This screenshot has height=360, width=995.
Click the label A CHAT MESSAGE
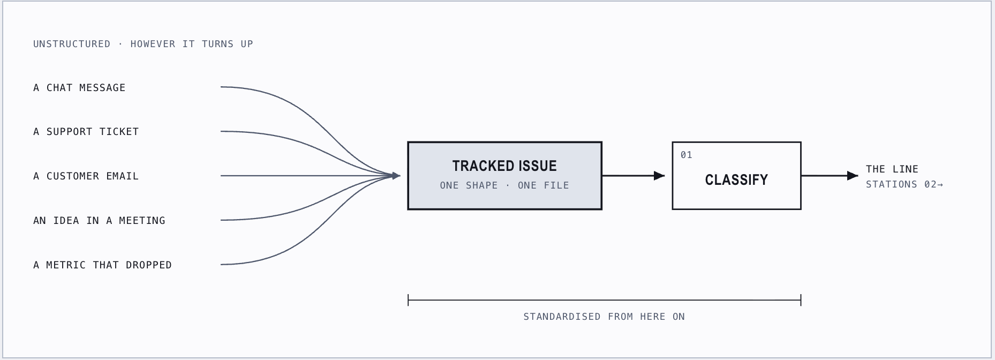79,88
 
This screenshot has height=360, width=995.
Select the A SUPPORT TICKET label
86,132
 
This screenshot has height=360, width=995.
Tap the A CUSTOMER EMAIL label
86,176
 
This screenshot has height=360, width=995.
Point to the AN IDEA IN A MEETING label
99,221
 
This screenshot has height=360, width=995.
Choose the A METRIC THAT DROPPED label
102,265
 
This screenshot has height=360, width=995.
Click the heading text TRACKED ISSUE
504,166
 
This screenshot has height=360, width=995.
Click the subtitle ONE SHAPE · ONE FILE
504,185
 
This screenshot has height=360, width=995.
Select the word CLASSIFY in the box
736,180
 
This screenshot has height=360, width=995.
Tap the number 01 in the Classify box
687,155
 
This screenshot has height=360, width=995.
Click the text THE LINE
892,169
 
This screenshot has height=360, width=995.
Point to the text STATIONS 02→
904,184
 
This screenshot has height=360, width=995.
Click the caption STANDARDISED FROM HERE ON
604,317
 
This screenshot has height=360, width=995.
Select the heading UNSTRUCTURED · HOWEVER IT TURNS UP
143,44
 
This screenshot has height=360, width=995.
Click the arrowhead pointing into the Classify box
660,176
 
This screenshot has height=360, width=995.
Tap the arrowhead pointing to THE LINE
853,176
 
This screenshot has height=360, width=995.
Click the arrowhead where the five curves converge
396,176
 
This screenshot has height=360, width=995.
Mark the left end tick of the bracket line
408,300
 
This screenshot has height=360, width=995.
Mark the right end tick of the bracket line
801,300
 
